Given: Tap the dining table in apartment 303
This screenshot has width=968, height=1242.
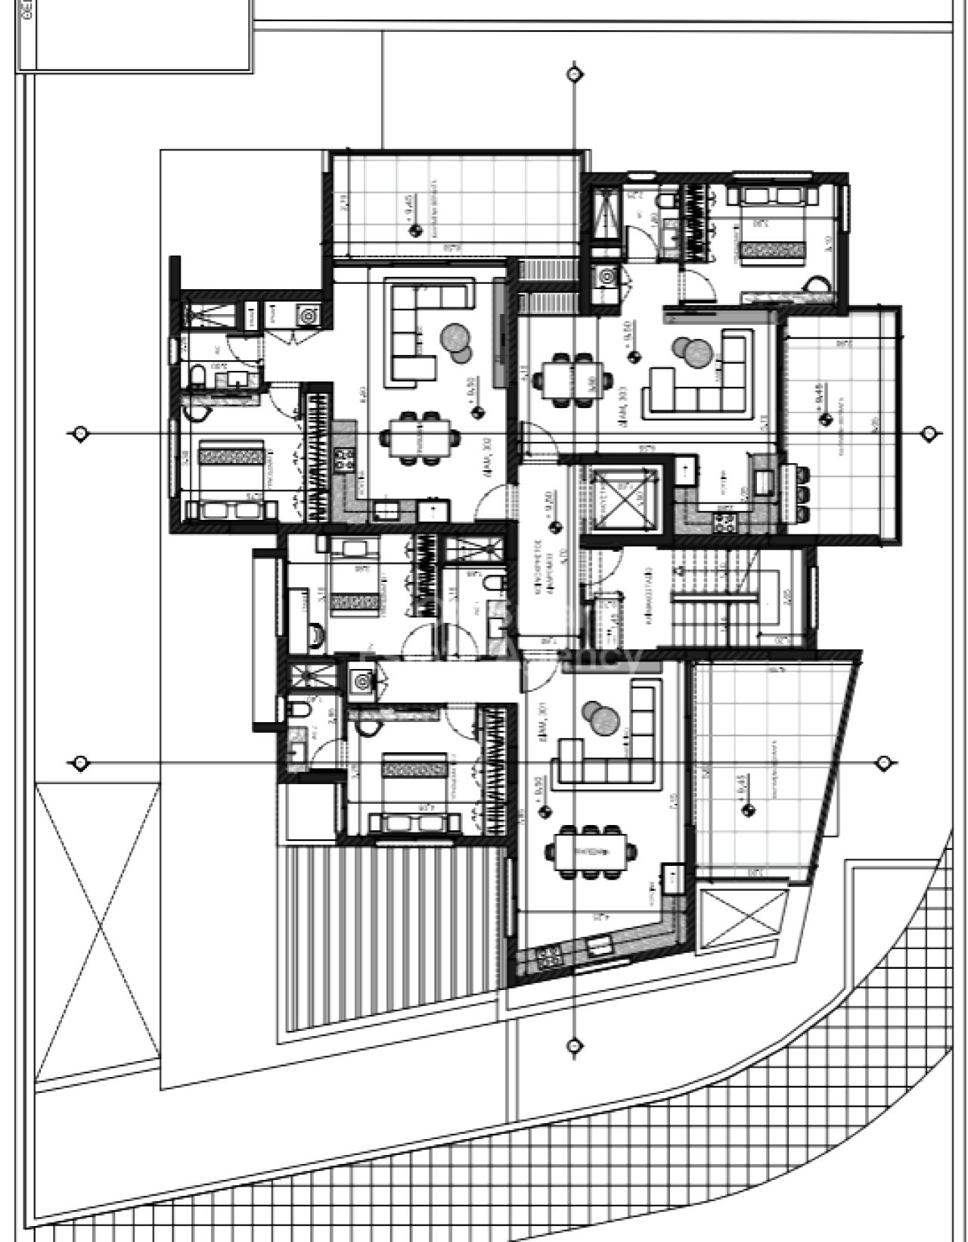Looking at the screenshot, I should point(575,378).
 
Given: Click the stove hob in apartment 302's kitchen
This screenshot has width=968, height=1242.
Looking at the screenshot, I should point(346,459).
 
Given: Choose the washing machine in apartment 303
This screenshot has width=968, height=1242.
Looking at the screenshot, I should point(607,278).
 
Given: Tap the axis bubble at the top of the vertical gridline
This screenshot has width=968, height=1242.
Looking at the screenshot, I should point(574,73).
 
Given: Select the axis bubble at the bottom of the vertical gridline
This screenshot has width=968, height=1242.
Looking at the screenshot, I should point(574,1046).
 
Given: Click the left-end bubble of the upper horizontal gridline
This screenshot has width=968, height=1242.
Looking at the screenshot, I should point(79,433).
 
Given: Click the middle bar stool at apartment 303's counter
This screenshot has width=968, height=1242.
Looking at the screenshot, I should point(803,494).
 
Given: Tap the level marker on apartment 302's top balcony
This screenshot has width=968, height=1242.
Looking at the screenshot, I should point(414,232).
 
